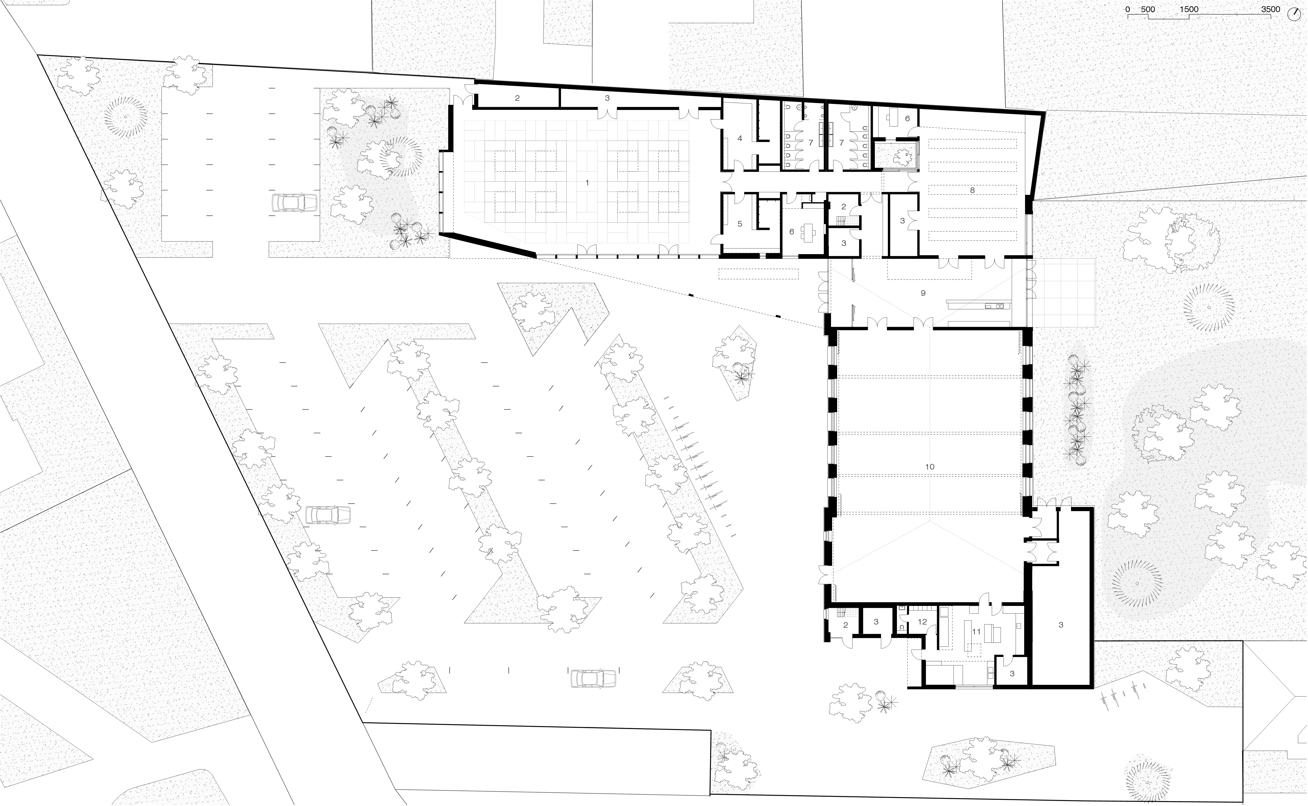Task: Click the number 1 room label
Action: (x=587, y=183)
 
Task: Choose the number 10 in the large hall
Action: (x=930, y=467)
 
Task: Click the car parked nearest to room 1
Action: (x=294, y=202)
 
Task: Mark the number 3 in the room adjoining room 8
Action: (x=902, y=221)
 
